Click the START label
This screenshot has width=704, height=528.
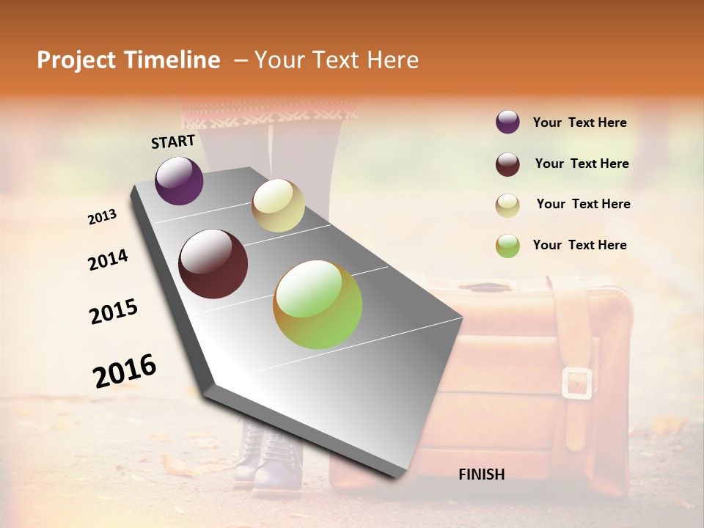coord(173,142)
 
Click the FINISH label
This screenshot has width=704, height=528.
coord(481,474)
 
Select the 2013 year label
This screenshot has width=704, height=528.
coord(103,217)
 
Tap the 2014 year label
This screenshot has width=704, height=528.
coord(109,260)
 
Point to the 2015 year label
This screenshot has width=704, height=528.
coord(114,312)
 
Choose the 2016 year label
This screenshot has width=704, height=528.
coord(125,370)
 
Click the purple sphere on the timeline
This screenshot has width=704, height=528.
coord(179,180)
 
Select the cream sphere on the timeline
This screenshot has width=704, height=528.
coord(278,205)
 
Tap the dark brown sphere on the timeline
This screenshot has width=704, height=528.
coord(213,264)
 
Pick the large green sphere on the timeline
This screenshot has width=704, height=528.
coord(318,304)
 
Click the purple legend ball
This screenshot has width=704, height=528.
coord(507,122)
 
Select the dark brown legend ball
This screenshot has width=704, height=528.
coord(507,164)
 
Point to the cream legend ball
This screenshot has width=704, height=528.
coord(507,205)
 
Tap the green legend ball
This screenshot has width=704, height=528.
coord(507,246)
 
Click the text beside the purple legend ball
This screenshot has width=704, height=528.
coord(579,123)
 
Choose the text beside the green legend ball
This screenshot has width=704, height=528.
coord(579,245)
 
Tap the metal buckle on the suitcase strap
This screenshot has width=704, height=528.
coord(577,383)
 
